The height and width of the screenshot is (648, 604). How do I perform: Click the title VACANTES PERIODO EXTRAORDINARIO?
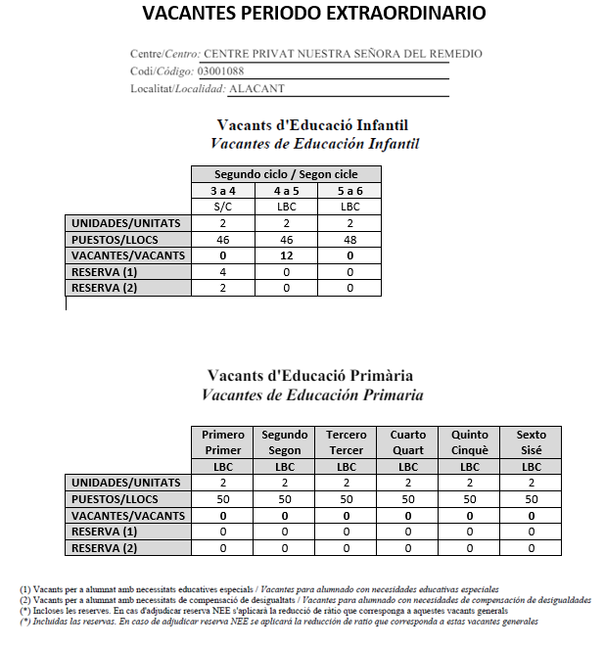tap(313, 14)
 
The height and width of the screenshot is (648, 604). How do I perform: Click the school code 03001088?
tap(220, 71)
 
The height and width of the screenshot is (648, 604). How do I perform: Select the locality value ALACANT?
tap(256, 88)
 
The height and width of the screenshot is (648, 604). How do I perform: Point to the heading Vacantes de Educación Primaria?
tap(311, 394)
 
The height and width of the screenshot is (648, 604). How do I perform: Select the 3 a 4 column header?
tap(222, 191)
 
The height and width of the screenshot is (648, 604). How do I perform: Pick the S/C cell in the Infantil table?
tap(222, 207)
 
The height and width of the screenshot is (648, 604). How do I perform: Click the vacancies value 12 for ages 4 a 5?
tap(286, 255)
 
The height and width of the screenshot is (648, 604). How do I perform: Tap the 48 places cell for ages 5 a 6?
tap(349, 239)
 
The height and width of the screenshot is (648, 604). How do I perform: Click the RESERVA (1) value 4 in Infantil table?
tap(222, 271)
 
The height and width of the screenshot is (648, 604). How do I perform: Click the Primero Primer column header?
tap(222, 442)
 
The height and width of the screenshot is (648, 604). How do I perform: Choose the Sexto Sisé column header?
tap(532, 442)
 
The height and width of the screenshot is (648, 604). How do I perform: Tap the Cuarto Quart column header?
tap(407, 442)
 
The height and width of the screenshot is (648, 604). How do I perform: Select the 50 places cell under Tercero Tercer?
tap(347, 499)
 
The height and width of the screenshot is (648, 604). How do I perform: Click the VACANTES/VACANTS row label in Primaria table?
tap(127, 515)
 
